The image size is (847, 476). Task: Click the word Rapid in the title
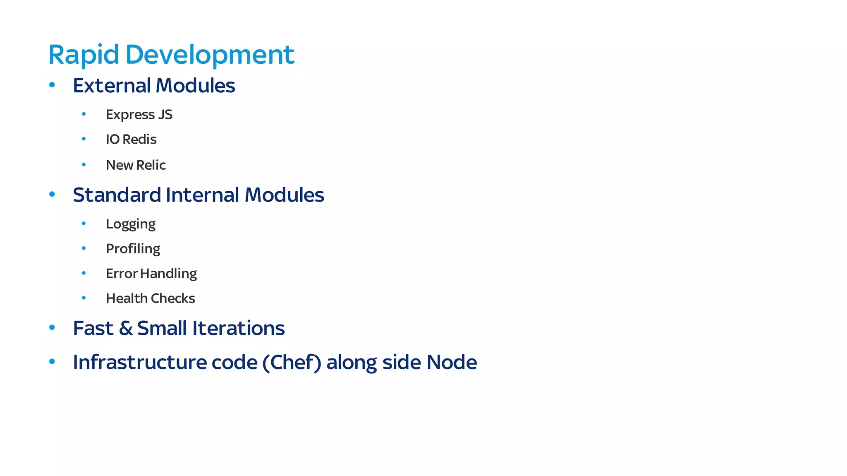[84, 55]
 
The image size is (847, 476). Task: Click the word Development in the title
[210, 55]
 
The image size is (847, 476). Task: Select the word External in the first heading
[112, 86]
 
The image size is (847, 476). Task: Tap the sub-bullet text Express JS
[139, 115]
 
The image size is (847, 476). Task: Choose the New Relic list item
[136, 165]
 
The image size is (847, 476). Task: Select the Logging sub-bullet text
[131, 224]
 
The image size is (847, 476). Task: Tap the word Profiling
[133, 249]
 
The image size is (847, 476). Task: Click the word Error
[122, 274]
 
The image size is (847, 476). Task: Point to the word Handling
[168, 274]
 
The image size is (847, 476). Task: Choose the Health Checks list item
[150, 298]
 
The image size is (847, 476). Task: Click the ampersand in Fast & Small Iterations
[126, 328]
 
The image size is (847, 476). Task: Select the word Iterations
[238, 328]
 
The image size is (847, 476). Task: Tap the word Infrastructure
[139, 362]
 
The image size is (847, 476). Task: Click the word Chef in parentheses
[292, 362]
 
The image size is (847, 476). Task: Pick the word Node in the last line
[452, 362]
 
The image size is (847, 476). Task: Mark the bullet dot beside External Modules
[52, 85]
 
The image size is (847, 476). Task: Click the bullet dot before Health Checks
[84, 298]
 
